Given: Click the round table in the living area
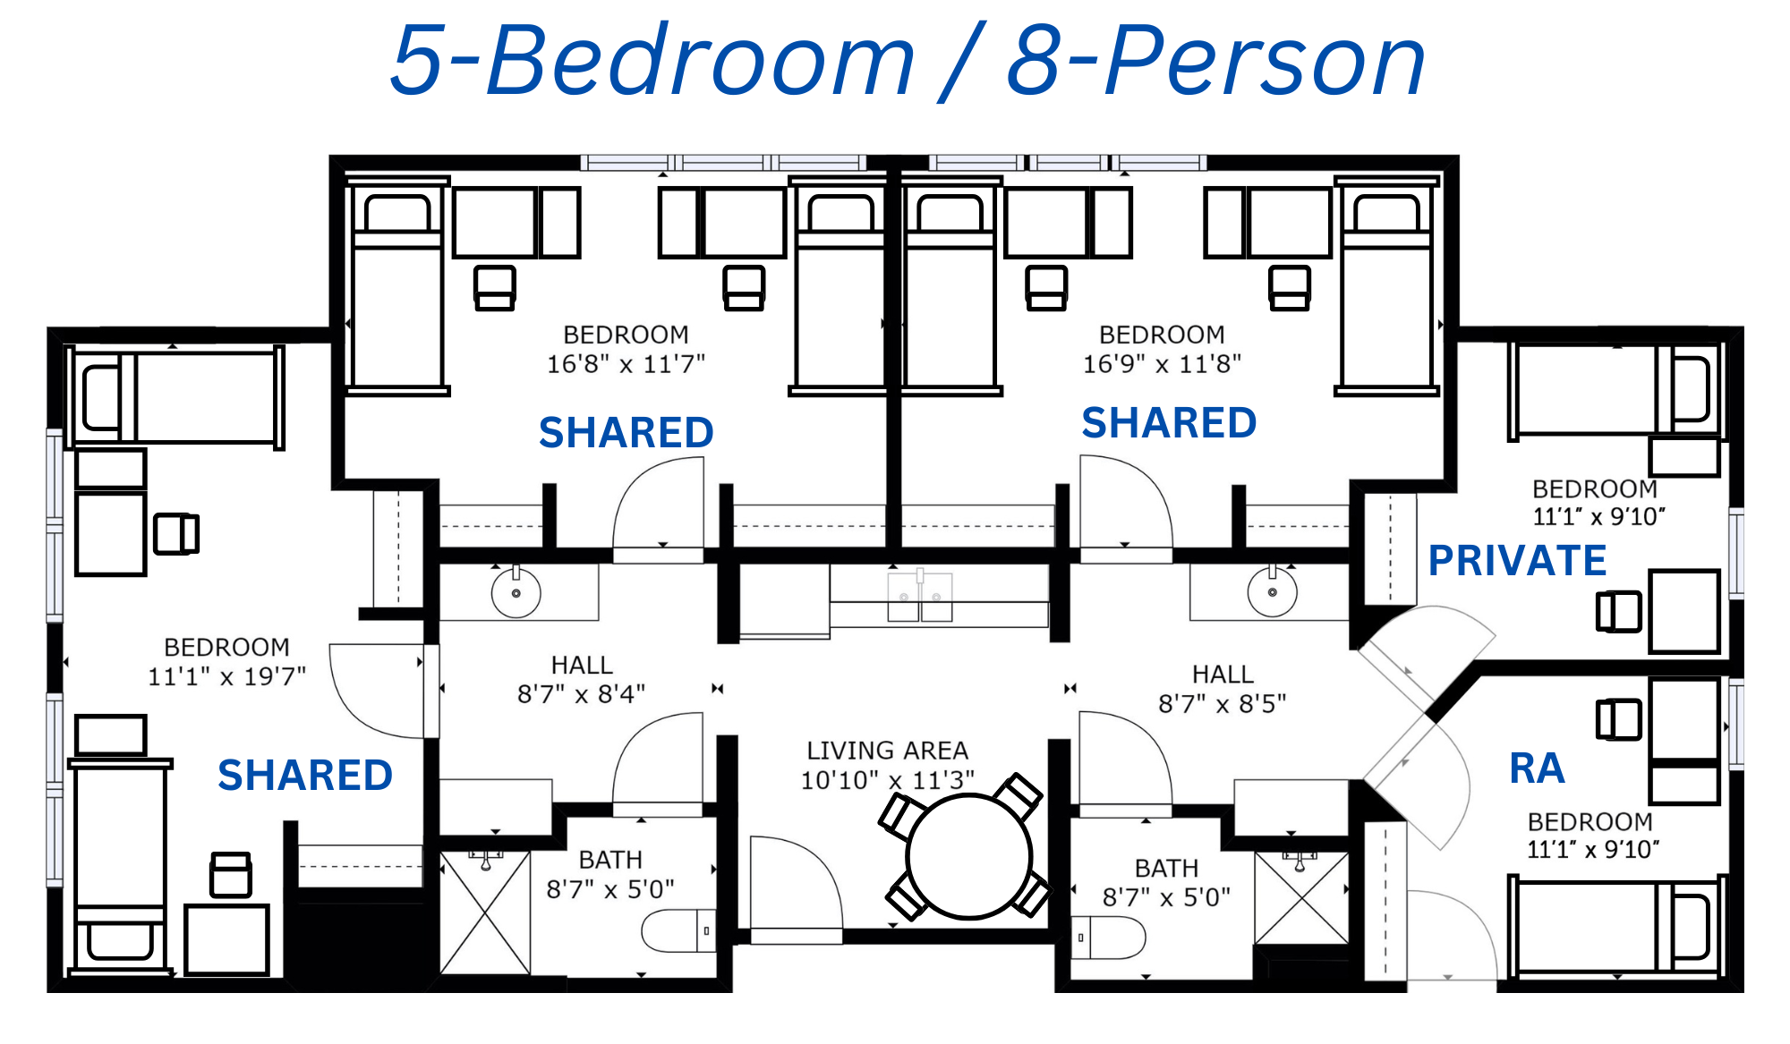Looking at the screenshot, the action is pos(969,857).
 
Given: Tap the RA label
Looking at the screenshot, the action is pos(1537,768).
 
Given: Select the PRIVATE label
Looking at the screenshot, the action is pos(1517,561).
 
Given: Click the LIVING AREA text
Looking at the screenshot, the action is pos(887,751).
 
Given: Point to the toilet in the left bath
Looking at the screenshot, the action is pos(679,931).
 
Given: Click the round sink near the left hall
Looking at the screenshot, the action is pos(516,592).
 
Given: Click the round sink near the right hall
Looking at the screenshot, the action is pos(1272,591).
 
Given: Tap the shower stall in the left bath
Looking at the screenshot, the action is pos(485,912).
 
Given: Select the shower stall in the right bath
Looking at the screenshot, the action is pos(1301,897).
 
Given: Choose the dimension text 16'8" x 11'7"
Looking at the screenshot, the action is pos(626,364).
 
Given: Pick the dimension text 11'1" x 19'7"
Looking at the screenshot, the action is pos(226,676).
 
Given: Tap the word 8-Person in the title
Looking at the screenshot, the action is pos(1216,61).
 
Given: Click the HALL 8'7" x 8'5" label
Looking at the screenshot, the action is pos(1223,689).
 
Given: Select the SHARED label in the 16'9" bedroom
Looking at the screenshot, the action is pos(1169,423).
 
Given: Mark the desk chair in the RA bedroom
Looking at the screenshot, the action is pos(1619,720).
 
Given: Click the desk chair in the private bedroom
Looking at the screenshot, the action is pos(1619,612).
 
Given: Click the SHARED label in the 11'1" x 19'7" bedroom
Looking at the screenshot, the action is pos(305,776).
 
